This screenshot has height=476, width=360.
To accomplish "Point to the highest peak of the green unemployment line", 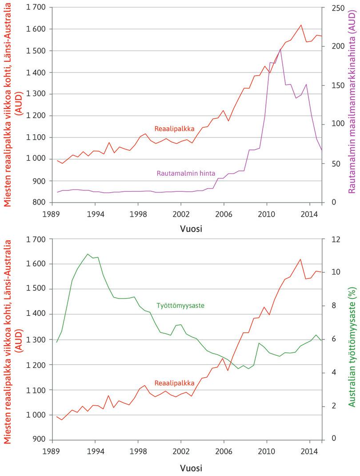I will [87, 254].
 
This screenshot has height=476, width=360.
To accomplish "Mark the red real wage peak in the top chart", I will [301, 25].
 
